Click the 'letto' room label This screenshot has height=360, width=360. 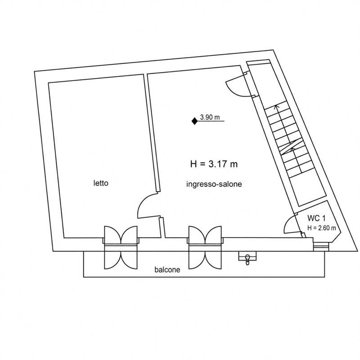(x=101, y=183)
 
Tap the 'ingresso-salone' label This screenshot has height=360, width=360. (x=214, y=184)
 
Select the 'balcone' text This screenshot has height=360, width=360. (x=167, y=270)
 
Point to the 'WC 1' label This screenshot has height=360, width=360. (x=316, y=218)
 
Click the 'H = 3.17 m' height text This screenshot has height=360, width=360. (x=214, y=164)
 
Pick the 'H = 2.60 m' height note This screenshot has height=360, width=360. (x=322, y=228)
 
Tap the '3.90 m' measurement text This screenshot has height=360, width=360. (x=210, y=117)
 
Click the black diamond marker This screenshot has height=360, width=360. (x=194, y=121)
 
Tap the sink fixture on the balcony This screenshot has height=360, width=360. (x=247, y=258)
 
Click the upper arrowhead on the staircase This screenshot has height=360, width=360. (x=277, y=107)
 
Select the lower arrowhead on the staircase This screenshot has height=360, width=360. (x=292, y=149)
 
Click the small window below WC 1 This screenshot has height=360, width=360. (x=321, y=247)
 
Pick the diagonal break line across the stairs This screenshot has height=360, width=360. (x=292, y=148)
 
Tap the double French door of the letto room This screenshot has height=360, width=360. (x=121, y=247)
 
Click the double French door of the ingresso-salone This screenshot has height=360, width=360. (x=205, y=247)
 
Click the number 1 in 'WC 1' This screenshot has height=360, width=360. (x=324, y=218)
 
